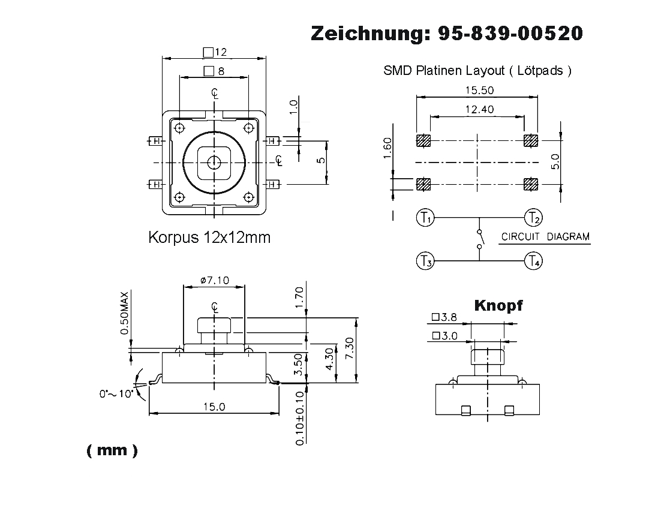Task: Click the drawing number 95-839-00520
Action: [x=510, y=34]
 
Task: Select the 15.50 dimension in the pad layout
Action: [x=477, y=90]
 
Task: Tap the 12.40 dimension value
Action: [x=477, y=110]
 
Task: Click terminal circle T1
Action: [x=425, y=217]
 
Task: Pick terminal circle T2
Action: [x=533, y=217]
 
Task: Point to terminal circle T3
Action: [x=425, y=261]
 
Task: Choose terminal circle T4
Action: [x=533, y=261]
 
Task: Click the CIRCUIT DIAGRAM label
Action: [x=545, y=236]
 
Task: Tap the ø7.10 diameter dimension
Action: [x=214, y=280]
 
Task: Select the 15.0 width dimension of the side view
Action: [x=214, y=407]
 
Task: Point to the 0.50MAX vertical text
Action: [x=125, y=314]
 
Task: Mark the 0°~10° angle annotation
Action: [x=116, y=394]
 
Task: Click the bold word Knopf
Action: [x=498, y=305]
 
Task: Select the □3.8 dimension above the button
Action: [x=444, y=318]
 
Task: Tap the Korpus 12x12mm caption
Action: [x=209, y=238]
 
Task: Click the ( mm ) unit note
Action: [x=112, y=451]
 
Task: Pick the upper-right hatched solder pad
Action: [x=531, y=141]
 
